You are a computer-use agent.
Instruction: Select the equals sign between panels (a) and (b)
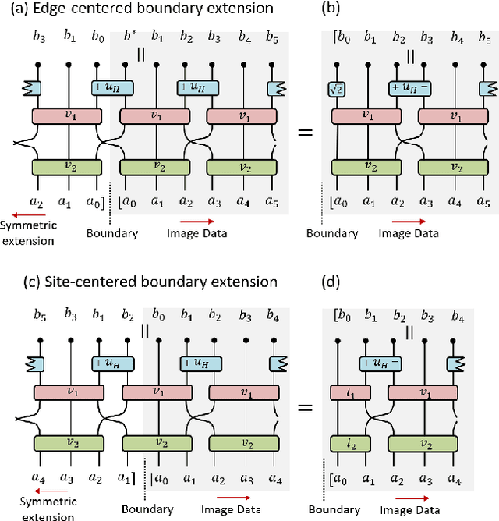tap(306, 132)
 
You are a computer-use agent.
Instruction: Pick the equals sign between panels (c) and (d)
tap(306, 406)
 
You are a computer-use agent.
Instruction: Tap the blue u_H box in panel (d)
tap(380, 363)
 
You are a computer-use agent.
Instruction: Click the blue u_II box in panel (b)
tap(409, 89)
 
